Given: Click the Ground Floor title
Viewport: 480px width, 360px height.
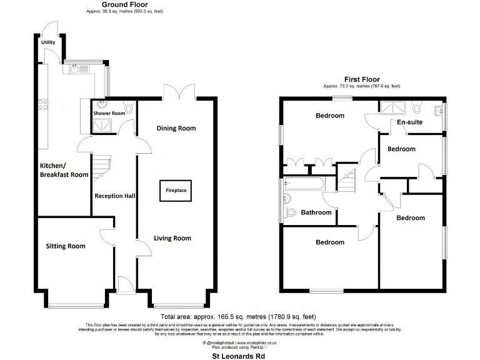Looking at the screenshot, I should coord(120,4).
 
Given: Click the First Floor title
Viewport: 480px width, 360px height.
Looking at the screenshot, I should coord(362,79).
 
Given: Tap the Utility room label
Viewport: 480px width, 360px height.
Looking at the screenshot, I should coord(48,42).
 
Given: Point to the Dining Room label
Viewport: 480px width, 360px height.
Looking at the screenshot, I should coord(176,128).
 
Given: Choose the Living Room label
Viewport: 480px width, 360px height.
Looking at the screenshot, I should coord(173,238).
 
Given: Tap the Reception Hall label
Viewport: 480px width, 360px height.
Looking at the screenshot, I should coord(115,196).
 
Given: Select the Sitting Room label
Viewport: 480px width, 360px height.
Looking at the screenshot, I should coord(65,246).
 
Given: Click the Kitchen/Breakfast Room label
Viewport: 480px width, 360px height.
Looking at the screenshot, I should coord(64,170).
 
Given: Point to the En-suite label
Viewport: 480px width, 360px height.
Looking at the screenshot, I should coord(409,122).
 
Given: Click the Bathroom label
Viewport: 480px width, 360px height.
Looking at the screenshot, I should coord(316,212).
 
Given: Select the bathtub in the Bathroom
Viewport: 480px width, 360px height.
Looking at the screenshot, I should coord(304,184).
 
